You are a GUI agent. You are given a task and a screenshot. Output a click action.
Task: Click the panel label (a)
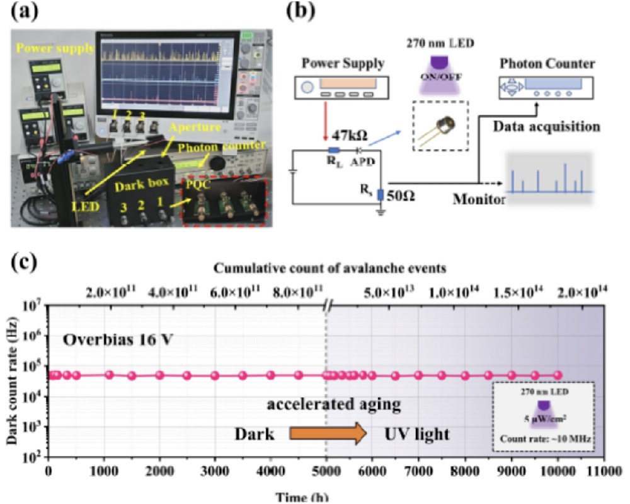click(24, 12)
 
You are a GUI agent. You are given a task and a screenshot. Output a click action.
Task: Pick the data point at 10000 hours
click(558, 375)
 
